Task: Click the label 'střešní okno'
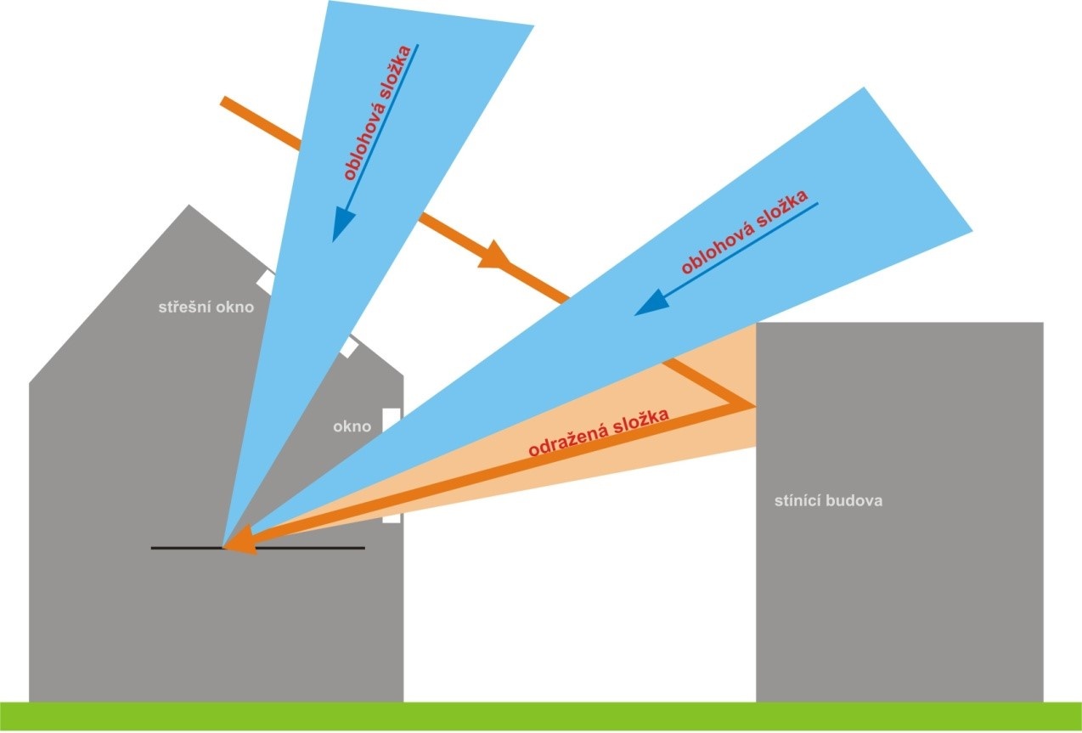click(x=206, y=307)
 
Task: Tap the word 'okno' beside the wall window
click(x=352, y=426)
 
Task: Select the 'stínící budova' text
click(x=828, y=500)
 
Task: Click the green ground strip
click(x=540, y=717)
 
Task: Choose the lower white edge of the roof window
click(x=348, y=346)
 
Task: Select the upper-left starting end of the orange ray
click(x=225, y=101)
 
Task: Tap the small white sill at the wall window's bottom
click(x=391, y=517)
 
